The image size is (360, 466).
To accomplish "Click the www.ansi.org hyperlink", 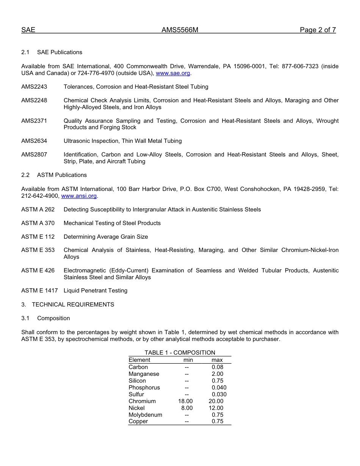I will click(x=79, y=196).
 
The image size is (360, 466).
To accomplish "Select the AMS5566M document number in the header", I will click(x=180, y=30).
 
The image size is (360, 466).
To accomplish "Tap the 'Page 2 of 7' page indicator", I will click(x=318, y=30).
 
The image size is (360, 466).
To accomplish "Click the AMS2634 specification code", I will click(x=34, y=141).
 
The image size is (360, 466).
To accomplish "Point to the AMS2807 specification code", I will click(x=34, y=155).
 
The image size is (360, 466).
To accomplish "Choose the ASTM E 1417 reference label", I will click(x=39, y=291).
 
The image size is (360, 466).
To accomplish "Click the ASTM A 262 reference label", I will click(x=38, y=210).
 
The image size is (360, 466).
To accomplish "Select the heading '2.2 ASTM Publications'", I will click(x=54, y=175).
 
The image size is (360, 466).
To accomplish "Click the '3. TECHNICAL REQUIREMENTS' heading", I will click(x=67, y=305).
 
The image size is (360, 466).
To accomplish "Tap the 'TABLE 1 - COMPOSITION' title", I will click(x=180, y=353).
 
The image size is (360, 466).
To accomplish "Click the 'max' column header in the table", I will click(x=217, y=360).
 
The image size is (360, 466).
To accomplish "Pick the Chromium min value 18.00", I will click(x=185, y=401).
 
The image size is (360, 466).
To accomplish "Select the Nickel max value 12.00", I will click(x=216, y=408).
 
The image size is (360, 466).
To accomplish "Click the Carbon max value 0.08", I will click(x=218, y=367).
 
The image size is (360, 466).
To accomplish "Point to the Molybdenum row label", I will click(x=145, y=415).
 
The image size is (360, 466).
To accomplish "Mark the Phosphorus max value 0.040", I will click(x=219, y=388).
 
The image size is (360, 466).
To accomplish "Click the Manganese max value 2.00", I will click(x=218, y=374).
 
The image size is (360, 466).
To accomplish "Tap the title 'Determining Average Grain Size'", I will click(x=106, y=237).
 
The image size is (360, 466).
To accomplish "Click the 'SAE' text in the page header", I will click(x=28, y=30).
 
